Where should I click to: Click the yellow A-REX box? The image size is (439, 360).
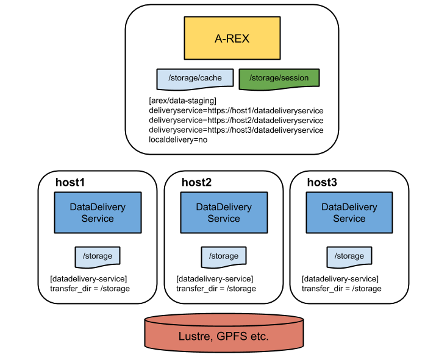pyautogui.click(x=232, y=38)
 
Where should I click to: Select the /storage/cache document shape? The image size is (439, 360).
pyautogui.click(x=195, y=78)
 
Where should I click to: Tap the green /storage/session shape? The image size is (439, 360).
pyautogui.click(x=279, y=78)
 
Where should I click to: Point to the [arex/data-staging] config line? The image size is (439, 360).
pyautogui.click(x=183, y=101)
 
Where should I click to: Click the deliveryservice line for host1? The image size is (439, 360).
pyautogui.click(x=236, y=110)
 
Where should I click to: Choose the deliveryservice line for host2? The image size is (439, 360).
pyautogui.click(x=236, y=120)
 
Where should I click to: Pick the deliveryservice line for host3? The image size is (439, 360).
pyautogui.click(x=236, y=130)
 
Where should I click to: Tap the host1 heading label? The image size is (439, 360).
pyautogui.click(x=70, y=182)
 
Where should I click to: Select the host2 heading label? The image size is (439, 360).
pyautogui.click(x=196, y=182)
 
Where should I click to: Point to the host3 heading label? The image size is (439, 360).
pyautogui.click(x=322, y=182)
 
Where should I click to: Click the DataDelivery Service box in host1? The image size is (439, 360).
pyautogui.click(x=98, y=213)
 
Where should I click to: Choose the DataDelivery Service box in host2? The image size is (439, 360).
pyautogui.click(x=224, y=213)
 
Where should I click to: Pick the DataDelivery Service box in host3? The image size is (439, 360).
pyautogui.click(x=349, y=213)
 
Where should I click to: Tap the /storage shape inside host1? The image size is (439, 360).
pyautogui.click(x=98, y=256)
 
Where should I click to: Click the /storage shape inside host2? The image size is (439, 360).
pyautogui.click(x=224, y=256)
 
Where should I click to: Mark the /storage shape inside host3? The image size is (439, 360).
pyautogui.click(x=349, y=256)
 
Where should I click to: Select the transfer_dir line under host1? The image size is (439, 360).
pyautogui.click(x=90, y=288)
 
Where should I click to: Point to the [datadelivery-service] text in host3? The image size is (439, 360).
pyautogui.click(x=340, y=278)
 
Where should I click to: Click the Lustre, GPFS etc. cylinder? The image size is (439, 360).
pyautogui.click(x=224, y=335)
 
